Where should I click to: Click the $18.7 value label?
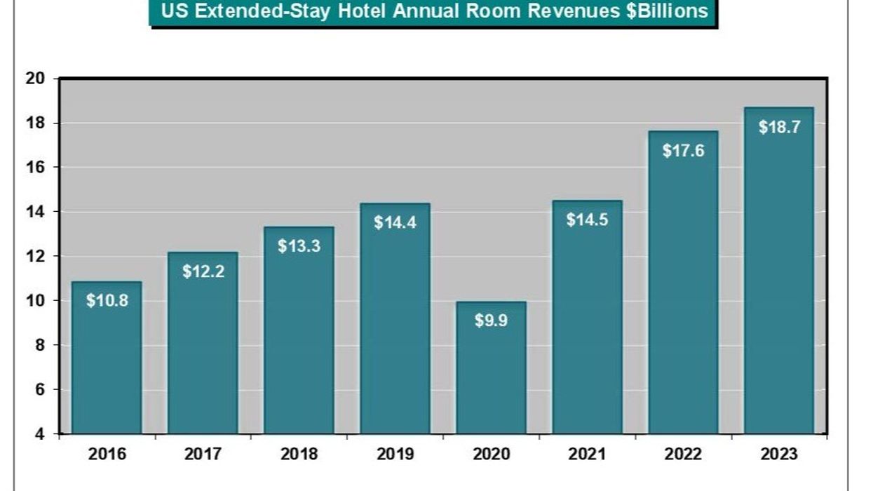(779, 128)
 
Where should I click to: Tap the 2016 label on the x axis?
(107, 455)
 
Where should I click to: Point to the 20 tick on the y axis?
(35, 79)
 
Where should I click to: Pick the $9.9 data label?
(491, 323)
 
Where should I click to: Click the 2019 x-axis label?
(395, 455)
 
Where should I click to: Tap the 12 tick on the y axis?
(35, 257)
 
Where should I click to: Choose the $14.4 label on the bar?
(395, 223)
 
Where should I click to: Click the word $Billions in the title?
(656, 11)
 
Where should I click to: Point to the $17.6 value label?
(683, 151)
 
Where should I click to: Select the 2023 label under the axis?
(779, 455)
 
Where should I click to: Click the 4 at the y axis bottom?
(39, 434)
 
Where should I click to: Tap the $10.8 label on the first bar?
(107, 301)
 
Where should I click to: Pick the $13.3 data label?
(299, 246)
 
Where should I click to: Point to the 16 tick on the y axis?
(35, 168)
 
